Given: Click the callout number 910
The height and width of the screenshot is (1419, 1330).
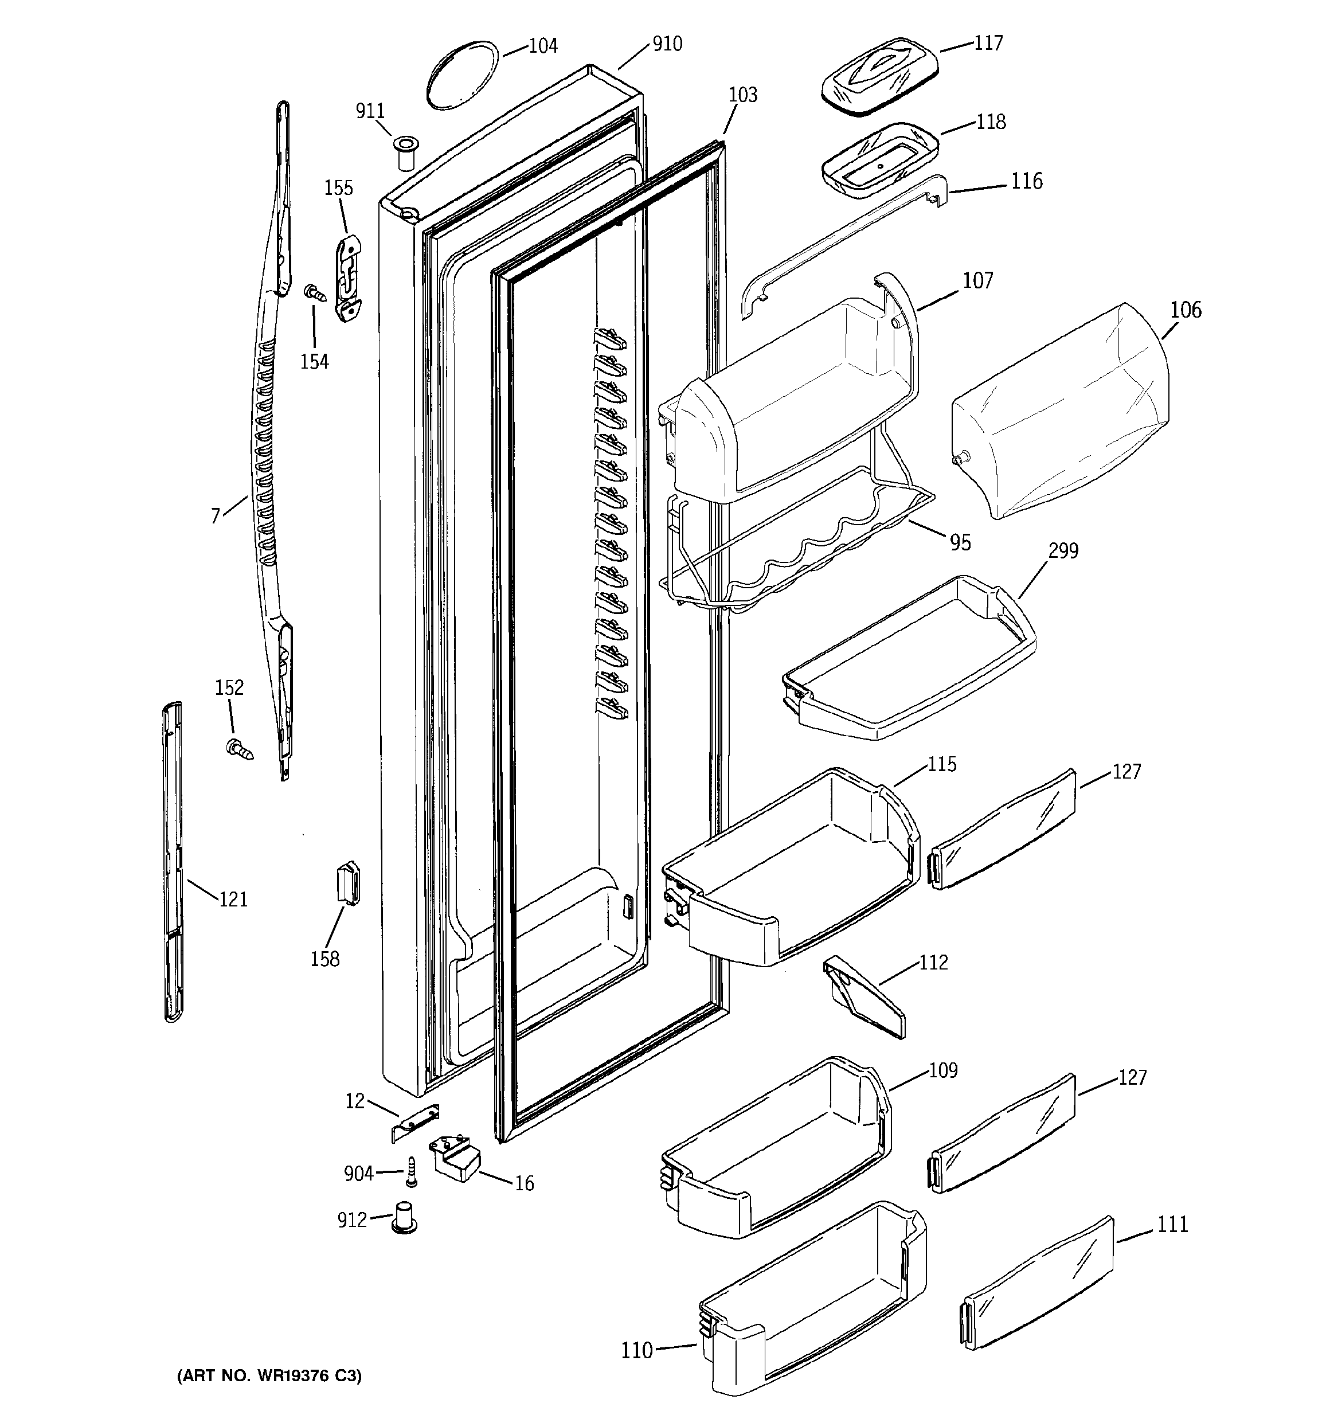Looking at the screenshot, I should (x=667, y=44).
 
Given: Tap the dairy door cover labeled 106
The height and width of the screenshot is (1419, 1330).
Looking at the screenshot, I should (x=1060, y=411).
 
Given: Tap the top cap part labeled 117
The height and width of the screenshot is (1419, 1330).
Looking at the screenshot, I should (x=878, y=76).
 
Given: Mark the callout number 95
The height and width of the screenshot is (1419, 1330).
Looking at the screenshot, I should (x=960, y=543).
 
